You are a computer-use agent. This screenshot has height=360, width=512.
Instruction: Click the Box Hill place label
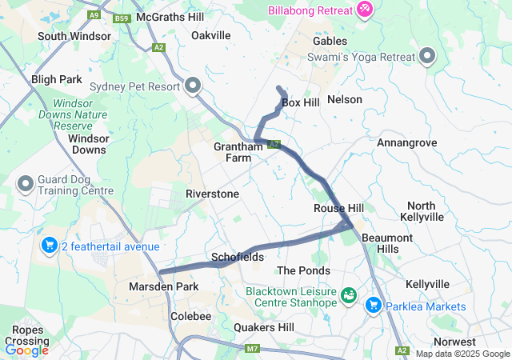click(301, 102)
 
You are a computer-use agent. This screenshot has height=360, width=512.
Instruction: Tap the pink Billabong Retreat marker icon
click(364, 8)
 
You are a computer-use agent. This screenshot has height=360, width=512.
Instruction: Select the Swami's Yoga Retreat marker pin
click(427, 56)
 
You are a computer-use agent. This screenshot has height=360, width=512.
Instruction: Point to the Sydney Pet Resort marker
click(193, 85)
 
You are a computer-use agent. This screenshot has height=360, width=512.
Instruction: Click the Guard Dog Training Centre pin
click(26, 185)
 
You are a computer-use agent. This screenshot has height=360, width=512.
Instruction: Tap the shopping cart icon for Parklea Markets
click(373, 306)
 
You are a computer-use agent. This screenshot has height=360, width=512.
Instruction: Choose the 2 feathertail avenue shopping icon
click(49, 246)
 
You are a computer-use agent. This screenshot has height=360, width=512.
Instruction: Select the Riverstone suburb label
click(212, 194)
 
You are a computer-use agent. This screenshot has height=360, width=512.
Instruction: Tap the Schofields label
click(238, 257)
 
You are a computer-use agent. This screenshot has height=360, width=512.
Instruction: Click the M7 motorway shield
click(253, 348)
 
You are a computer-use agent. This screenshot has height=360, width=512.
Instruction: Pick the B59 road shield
click(122, 18)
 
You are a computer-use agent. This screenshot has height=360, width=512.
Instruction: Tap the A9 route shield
click(95, 14)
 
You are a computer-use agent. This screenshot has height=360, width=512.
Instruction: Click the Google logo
click(26, 350)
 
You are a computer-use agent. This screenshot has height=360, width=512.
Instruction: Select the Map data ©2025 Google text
click(462, 354)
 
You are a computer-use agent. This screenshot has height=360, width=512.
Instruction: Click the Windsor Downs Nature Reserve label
click(84, 115)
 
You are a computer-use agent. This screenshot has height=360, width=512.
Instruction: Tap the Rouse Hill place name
click(338, 208)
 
